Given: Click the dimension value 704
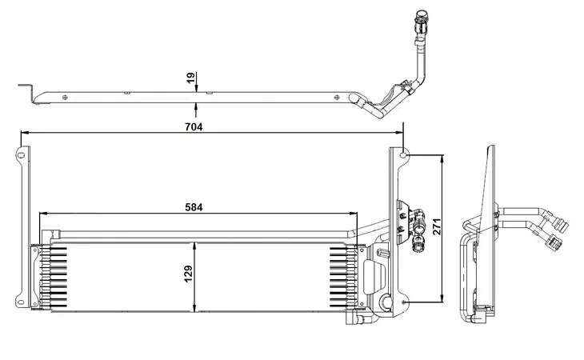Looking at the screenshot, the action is point(194,127).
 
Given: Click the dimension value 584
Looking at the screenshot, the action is point(194,207).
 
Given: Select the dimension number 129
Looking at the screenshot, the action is point(189,274).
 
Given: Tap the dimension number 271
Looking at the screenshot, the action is point(437,226).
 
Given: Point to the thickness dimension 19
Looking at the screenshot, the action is point(190,78).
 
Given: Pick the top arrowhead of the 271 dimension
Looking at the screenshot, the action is point(442,159).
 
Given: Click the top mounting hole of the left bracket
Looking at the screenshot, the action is point(22,154).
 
